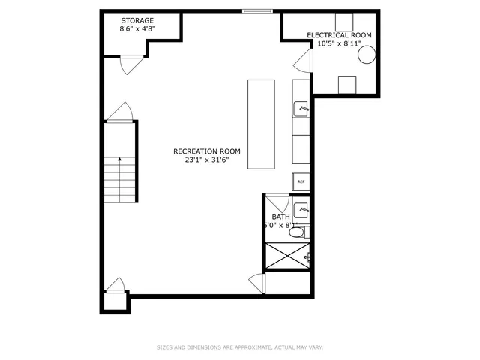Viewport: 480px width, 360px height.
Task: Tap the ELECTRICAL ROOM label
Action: click(339, 35)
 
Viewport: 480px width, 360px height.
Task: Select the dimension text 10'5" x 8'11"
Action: click(339, 43)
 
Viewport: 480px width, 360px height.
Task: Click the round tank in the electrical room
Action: click(367, 54)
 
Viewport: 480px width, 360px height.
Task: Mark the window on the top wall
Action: click(256, 10)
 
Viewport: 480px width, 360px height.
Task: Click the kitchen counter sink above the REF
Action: click(301, 109)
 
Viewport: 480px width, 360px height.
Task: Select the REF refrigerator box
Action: click(301, 181)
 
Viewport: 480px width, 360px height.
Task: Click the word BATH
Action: click(280, 217)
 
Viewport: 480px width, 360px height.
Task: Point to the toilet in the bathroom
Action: click(298, 232)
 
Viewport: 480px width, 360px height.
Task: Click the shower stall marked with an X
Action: click(286, 256)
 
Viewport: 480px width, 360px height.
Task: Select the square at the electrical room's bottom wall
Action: click(346, 84)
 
